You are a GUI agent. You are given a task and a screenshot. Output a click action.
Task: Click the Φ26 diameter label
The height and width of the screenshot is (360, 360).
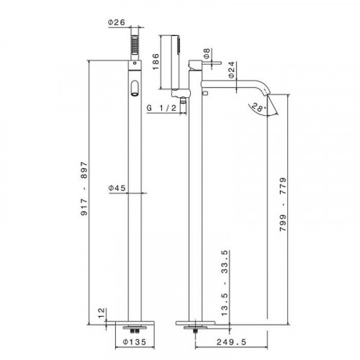(x=117, y=22)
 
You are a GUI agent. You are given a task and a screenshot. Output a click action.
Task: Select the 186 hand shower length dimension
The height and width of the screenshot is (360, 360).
(x=156, y=62)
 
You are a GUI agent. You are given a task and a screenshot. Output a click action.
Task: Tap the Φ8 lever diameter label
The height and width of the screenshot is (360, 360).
(x=207, y=53)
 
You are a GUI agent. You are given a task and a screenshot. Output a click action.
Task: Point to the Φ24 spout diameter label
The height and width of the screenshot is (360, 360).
(x=231, y=70)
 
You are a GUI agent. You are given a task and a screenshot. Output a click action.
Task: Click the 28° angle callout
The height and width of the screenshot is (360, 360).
(x=258, y=107)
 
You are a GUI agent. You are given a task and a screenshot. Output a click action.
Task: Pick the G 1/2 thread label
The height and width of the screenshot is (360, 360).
(x=161, y=108)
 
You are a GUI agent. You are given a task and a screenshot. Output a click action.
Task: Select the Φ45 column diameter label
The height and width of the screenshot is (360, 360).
(x=117, y=188)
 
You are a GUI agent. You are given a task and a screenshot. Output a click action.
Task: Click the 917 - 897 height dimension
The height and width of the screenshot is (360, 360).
(x=84, y=189)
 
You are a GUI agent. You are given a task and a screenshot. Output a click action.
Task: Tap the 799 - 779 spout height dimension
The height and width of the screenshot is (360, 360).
(x=283, y=204)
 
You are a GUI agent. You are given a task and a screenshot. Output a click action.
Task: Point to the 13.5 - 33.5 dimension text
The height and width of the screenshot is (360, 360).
(x=225, y=283)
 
